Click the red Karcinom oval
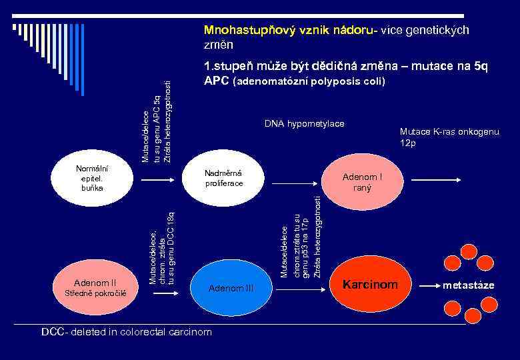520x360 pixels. (x=370, y=285)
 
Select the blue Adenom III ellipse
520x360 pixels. (x=231, y=287)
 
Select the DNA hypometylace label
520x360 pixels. (x=304, y=124)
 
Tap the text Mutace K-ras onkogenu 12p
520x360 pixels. (x=449, y=137)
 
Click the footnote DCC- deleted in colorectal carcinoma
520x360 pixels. (x=127, y=331)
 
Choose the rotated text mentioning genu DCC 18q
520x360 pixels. (x=162, y=247)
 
